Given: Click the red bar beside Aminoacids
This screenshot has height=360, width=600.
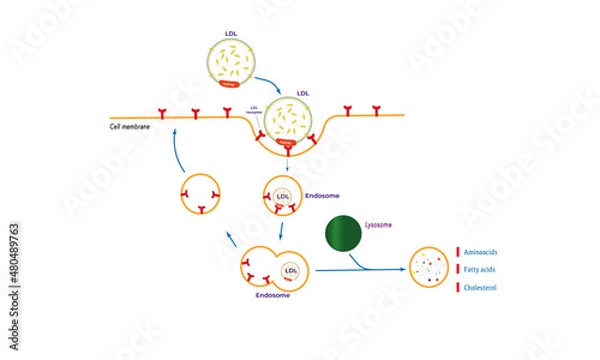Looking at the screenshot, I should coord(458,251).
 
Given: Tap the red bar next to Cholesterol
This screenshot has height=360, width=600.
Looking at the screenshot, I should coord(458,289).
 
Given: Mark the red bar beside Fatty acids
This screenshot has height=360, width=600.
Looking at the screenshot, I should coord(458,270).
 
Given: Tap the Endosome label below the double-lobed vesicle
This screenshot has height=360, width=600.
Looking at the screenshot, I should coord(271,296).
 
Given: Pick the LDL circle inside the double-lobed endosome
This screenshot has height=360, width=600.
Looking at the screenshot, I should coord(292,270).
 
